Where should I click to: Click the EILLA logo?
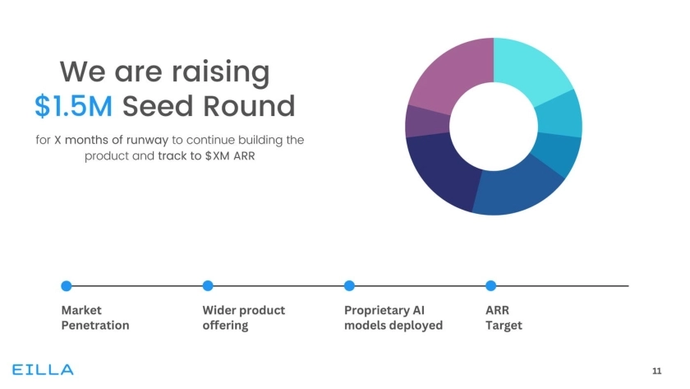pos(43,369)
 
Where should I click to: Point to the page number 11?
pos(656,370)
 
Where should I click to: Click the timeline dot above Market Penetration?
pos(67,285)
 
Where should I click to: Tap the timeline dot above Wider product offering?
pos(208,285)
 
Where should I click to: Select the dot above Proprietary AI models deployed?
pos(349,285)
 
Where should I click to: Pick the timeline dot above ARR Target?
pos(490,285)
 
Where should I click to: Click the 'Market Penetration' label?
pos(95,317)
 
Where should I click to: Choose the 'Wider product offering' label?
pos(243,317)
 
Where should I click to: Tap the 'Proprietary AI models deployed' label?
pos(393,317)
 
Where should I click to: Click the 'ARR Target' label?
pos(504,317)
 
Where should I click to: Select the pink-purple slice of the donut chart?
pos(448,72)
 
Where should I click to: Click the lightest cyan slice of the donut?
pos(532,68)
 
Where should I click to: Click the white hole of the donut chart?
pos(493,127)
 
